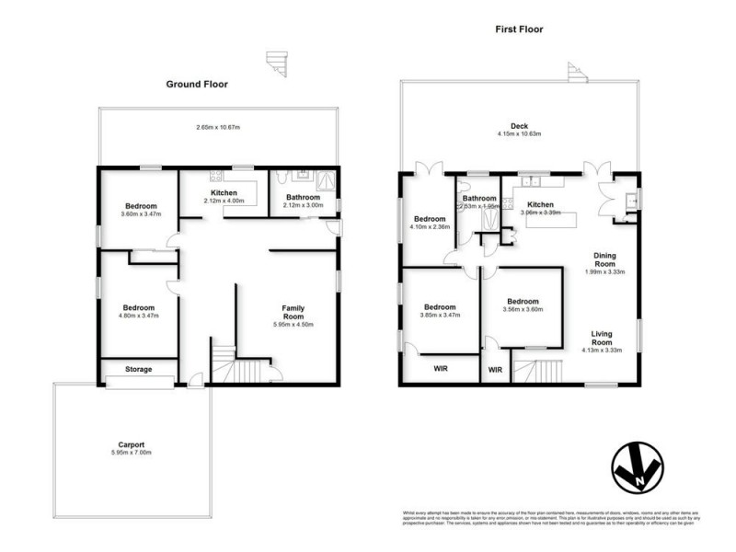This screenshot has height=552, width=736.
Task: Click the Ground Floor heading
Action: click(197, 84)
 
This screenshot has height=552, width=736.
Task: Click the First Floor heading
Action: click(519, 29)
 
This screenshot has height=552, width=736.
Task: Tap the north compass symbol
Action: click(637, 468)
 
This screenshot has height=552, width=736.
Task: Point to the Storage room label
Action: click(137, 370)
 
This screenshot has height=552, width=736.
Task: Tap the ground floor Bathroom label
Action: click(303, 197)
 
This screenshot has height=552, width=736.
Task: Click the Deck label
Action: click(521, 127)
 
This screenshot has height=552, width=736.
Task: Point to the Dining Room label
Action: click(604, 259)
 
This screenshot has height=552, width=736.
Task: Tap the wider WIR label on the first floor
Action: click(442, 370)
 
